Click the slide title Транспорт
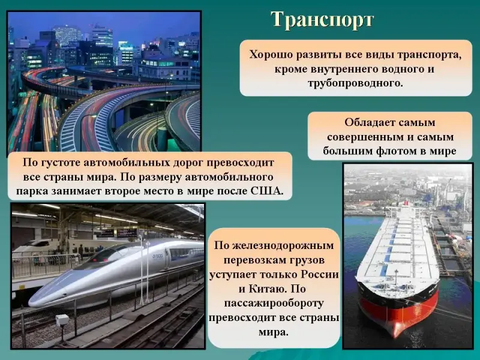[322, 21]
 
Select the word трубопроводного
[355, 83]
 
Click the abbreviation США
[267, 191]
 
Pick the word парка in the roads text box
[32, 191]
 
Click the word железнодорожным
[283, 246]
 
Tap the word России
[320, 274]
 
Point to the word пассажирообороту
[274, 304]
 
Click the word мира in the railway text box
[274, 332]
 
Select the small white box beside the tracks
[62, 320]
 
